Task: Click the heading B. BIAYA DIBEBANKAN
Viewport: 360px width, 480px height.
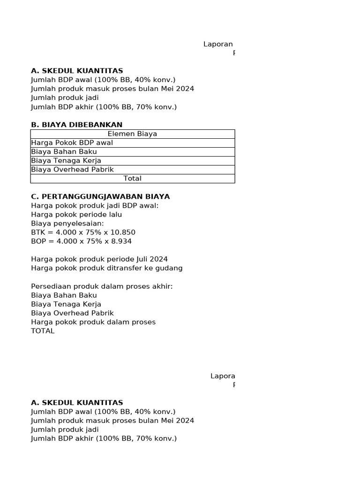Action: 76,125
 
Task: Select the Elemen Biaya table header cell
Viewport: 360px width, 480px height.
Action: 132,134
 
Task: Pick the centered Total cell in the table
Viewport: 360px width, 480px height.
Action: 132,179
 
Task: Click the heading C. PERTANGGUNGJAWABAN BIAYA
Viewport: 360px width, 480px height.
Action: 100,196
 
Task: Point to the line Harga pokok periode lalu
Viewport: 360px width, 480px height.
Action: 76,215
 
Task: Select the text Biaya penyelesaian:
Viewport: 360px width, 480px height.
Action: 67,224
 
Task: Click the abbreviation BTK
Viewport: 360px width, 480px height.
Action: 38,232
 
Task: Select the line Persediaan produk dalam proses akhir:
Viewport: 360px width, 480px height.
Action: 102,286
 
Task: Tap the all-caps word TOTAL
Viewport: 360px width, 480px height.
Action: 43,331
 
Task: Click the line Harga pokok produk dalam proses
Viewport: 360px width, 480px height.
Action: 93,322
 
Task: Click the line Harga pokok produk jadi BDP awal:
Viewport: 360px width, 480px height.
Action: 95,206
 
